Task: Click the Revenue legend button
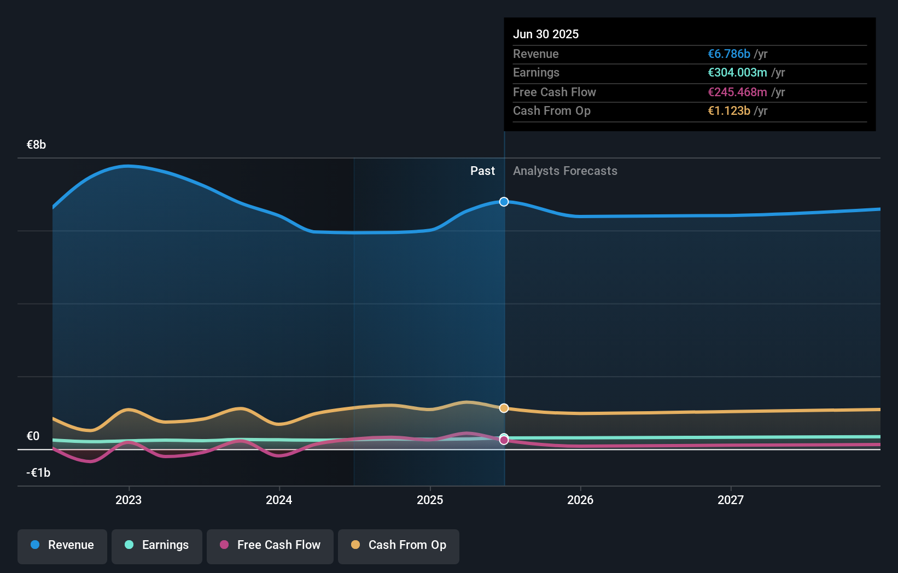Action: pyautogui.click(x=62, y=545)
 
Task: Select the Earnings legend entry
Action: pyautogui.click(x=157, y=545)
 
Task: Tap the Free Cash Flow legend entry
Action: pyautogui.click(x=270, y=545)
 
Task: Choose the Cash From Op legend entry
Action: pyautogui.click(x=399, y=545)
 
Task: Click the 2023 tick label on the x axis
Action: pyautogui.click(x=129, y=500)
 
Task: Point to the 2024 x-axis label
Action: pyautogui.click(x=279, y=500)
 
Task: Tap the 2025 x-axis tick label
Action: pyautogui.click(x=430, y=500)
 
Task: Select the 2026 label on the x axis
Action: pyautogui.click(x=580, y=500)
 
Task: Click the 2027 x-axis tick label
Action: pyautogui.click(x=731, y=500)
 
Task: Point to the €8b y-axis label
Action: pyautogui.click(x=36, y=145)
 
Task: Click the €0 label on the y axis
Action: pyautogui.click(x=33, y=436)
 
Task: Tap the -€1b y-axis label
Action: pyautogui.click(x=38, y=473)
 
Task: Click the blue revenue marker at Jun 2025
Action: pyautogui.click(x=504, y=202)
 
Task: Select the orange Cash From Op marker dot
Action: pyautogui.click(x=504, y=408)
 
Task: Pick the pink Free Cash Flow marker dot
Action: pyautogui.click(x=504, y=441)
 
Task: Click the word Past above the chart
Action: pyautogui.click(x=482, y=171)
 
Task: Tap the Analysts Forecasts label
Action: pyautogui.click(x=565, y=171)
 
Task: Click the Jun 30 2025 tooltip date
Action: pyautogui.click(x=545, y=34)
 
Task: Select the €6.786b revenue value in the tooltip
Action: pyautogui.click(x=729, y=54)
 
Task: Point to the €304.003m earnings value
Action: pyautogui.click(x=737, y=73)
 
